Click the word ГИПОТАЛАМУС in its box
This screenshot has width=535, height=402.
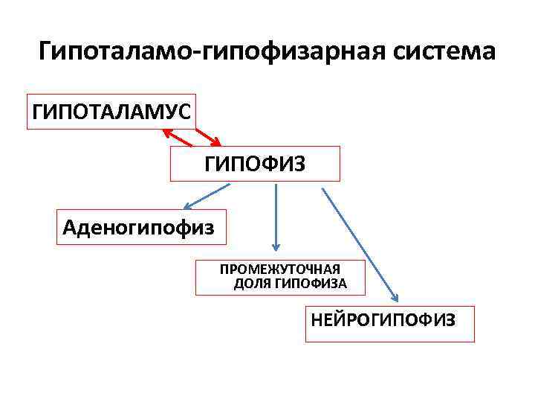click(111, 112)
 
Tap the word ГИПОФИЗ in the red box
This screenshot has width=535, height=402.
click(255, 164)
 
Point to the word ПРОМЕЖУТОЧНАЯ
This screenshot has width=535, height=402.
click(279, 269)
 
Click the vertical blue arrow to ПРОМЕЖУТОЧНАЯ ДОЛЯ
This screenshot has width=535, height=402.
click(276, 216)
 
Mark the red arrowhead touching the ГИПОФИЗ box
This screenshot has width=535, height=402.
click(215, 141)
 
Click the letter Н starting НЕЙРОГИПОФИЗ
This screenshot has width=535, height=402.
click(317, 320)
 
